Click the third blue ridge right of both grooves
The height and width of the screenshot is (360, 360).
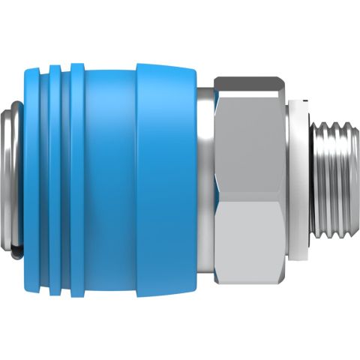pos(79,172)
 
